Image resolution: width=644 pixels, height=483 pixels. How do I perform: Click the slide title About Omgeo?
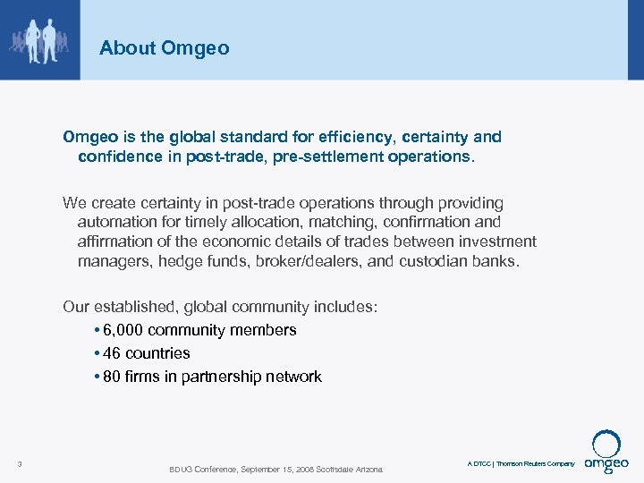coord(164,48)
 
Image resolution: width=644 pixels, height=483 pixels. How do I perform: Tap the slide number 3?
coord(20,463)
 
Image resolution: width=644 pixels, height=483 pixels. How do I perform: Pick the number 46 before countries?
coord(112,353)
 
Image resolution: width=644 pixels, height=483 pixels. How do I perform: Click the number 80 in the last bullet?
coord(112,377)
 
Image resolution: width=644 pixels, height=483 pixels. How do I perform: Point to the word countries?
coord(157,353)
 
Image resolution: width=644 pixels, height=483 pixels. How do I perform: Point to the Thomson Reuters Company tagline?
coord(535,463)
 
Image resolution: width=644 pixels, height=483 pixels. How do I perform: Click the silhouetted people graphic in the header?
coord(39,39)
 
